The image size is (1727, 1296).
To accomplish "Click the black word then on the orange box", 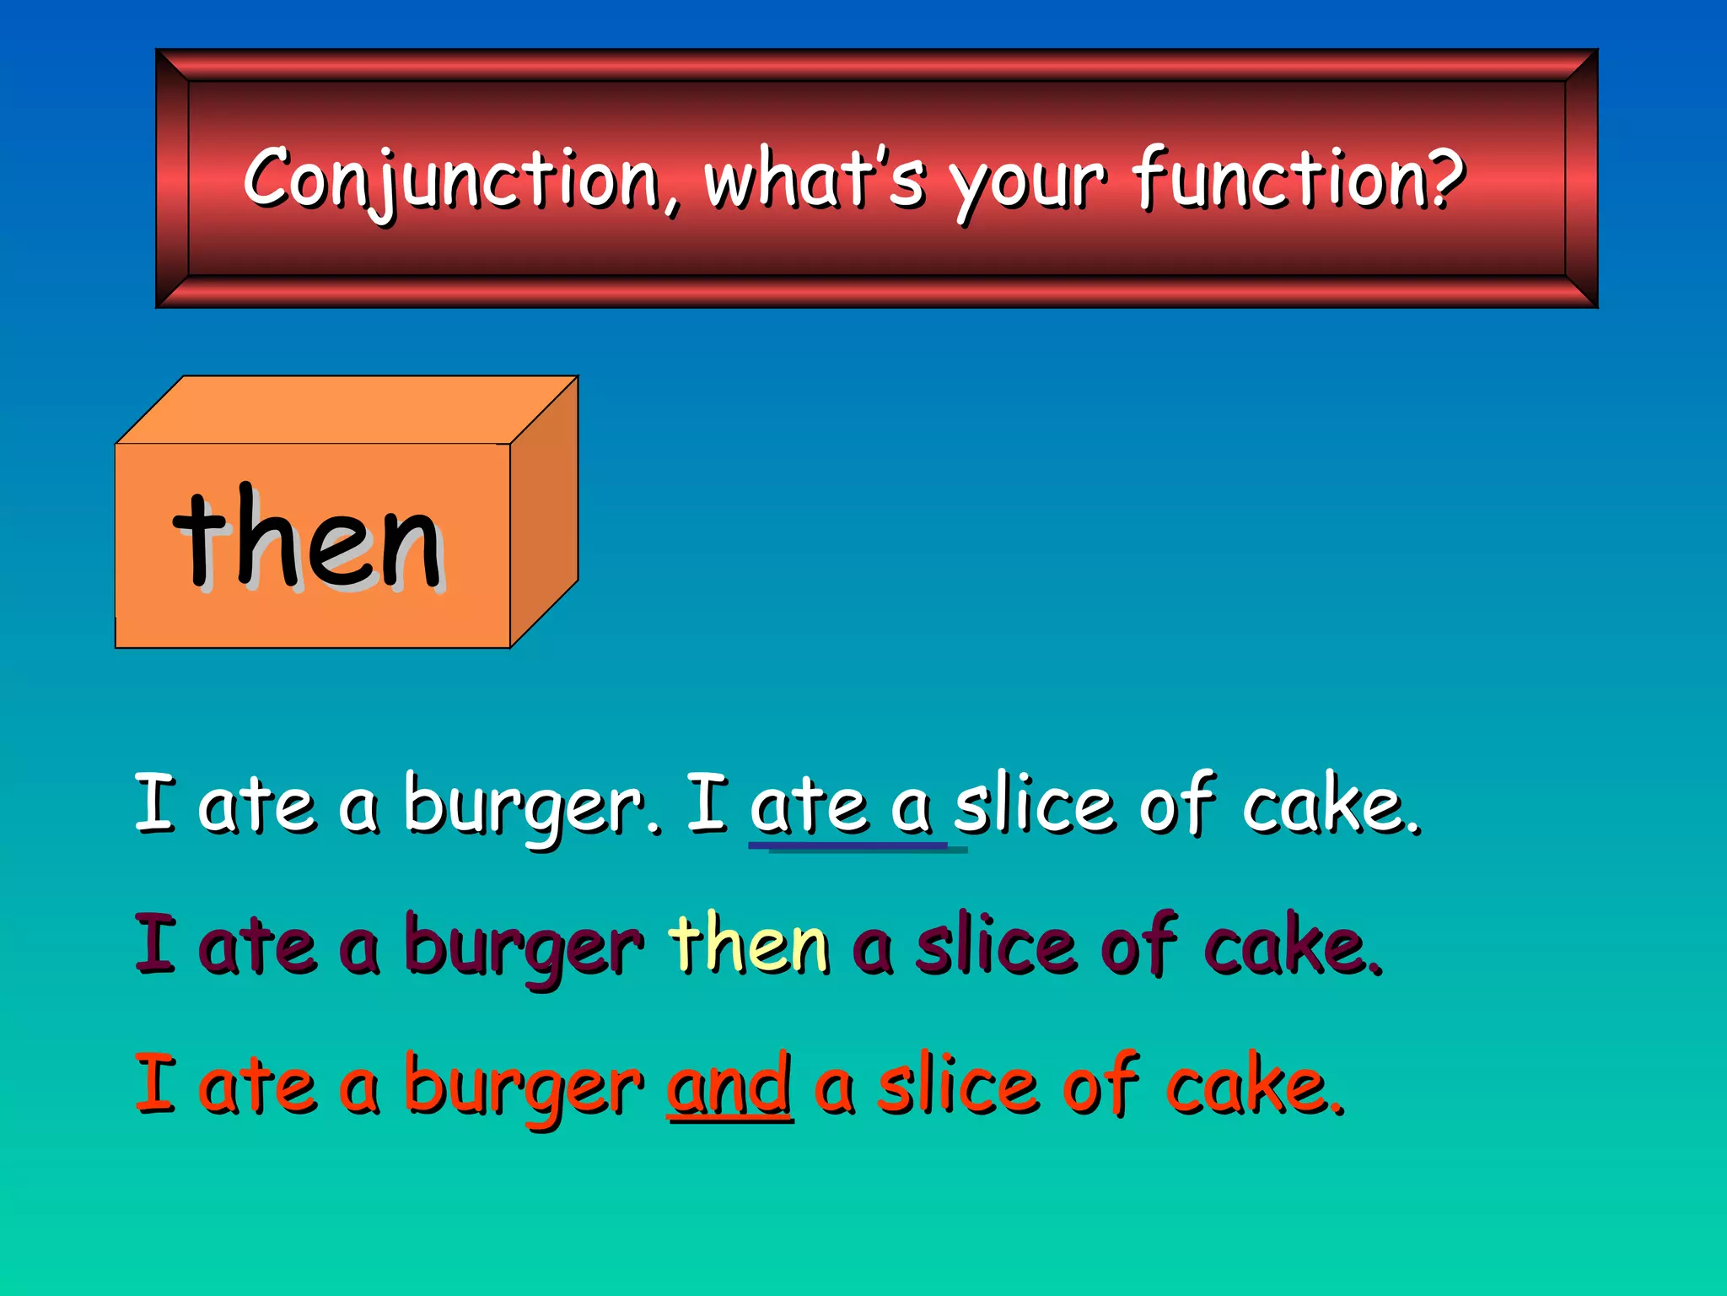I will (309, 540).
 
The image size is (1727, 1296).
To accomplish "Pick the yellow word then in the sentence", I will (749, 945).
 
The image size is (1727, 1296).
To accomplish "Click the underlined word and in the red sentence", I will (729, 1085).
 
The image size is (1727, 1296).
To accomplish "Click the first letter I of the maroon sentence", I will (155, 943).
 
